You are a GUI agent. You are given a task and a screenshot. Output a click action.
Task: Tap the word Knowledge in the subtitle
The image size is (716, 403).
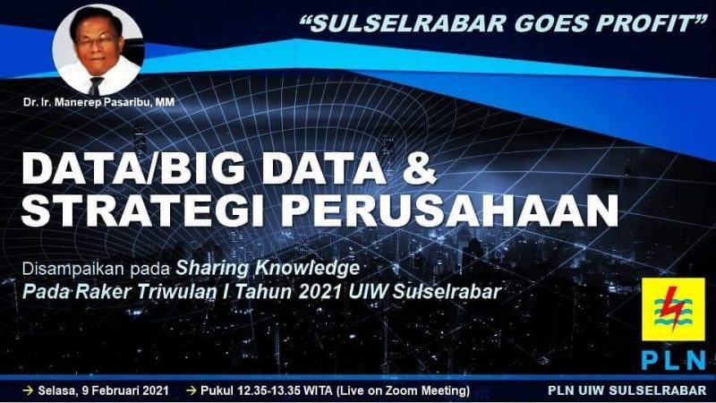(307, 268)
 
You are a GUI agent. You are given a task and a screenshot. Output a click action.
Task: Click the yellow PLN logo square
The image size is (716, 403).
(673, 309)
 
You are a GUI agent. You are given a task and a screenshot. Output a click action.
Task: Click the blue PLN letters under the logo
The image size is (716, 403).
(673, 361)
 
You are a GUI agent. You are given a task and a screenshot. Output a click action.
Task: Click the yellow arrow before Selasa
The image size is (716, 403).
(29, 390)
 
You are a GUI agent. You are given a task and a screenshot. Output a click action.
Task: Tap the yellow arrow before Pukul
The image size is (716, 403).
(192, 390)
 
